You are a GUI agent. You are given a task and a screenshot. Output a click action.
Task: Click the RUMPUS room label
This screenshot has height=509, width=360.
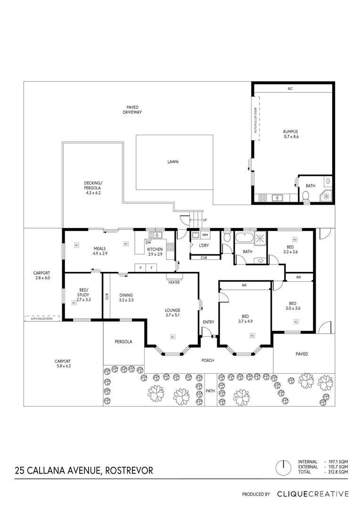coord(291,131)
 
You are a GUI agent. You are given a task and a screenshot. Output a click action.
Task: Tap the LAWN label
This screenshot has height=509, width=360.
coord(172,162)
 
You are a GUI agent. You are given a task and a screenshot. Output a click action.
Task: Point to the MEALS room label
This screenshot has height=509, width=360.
coord(99,248)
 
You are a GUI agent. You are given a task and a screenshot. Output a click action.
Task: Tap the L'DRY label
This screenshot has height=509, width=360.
coord(204,246)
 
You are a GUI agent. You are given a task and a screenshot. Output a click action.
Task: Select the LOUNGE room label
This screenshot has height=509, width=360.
coord(172,310)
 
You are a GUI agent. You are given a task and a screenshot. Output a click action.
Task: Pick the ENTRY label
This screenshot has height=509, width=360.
coord(208,322)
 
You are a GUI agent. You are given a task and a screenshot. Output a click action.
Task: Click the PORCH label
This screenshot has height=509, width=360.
coord(208,361)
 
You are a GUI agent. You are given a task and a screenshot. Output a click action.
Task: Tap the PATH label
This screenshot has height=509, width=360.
coord(210,391)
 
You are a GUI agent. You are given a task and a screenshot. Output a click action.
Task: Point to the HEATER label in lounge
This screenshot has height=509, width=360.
coord(173,282)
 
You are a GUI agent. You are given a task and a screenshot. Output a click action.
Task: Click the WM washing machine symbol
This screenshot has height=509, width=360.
coord(205,234)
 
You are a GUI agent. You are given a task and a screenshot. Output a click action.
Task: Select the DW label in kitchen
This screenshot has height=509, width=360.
coord(148,243)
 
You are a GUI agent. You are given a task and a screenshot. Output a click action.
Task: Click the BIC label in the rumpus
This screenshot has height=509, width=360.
coord(290,89)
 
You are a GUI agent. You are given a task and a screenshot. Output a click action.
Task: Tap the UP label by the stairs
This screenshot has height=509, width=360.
coord(204,220)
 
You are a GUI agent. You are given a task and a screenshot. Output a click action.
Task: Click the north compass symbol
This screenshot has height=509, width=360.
coord(284,467)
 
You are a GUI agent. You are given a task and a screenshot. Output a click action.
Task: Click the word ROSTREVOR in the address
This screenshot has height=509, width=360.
coord(129,470)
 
